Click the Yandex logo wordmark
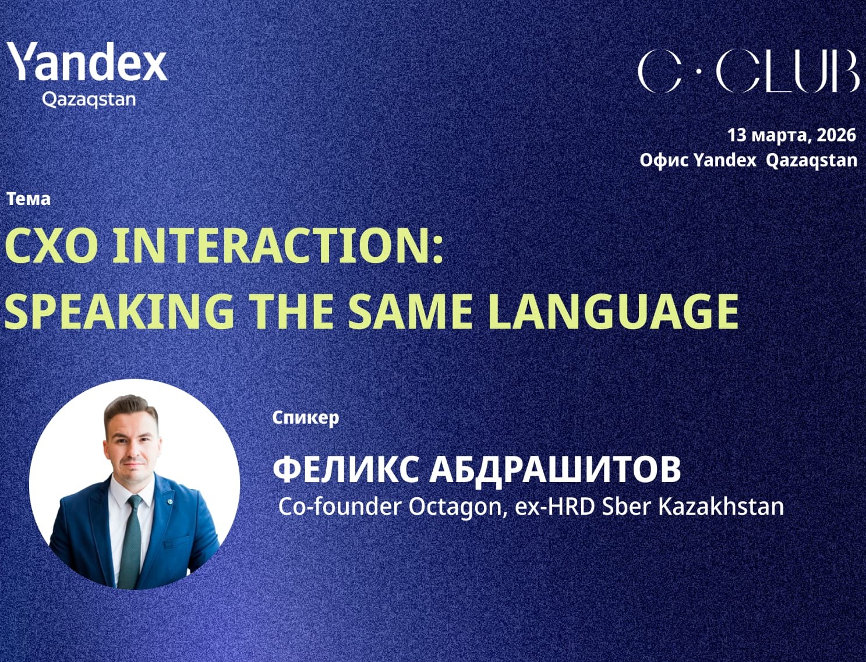click(87, 62)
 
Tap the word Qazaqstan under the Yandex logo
click(89, 100)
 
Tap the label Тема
click(29, 199)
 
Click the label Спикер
click(305, 417)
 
